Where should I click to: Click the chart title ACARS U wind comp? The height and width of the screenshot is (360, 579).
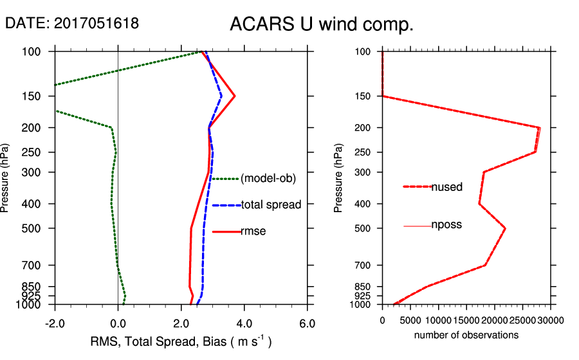321,25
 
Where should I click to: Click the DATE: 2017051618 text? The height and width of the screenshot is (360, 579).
72,23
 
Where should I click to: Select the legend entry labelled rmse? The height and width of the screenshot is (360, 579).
253,231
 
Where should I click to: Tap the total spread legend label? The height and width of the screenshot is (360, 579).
271,205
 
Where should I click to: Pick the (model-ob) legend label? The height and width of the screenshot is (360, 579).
268,179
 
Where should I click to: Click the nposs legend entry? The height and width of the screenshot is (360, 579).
446,225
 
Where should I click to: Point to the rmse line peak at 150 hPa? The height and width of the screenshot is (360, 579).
235,96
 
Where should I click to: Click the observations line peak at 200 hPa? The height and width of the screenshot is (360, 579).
539,128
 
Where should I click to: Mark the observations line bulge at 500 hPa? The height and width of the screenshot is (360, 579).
505,228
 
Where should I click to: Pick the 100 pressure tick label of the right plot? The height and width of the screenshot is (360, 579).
363,51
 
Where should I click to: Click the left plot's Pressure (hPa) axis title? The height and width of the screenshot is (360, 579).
6,177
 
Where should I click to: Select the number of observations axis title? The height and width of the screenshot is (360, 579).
466,335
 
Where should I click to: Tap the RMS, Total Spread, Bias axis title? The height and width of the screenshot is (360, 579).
180,341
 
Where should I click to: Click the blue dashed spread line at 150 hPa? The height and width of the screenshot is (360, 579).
221,96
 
